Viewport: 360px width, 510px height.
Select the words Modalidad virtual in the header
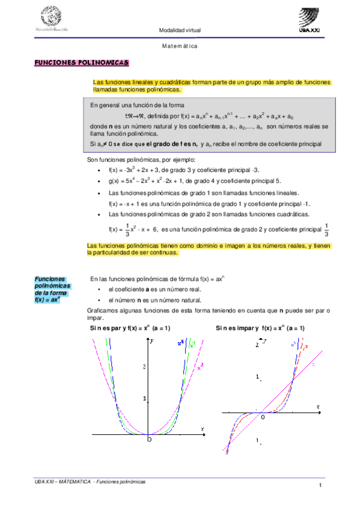pyautogui.click(x=180, y=30)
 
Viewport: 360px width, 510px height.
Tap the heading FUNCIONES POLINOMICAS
pyautogui.click(x=81, y=62)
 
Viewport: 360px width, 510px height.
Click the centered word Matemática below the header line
pyautogui.click(x=180, y=46)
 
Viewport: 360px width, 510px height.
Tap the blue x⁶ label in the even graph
pyautogui.click(x=180, y=343)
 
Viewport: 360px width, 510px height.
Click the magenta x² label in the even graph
pyautogui.click(x=201, y=365)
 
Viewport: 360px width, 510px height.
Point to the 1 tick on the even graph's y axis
pyautogui.click(x=145, y=399)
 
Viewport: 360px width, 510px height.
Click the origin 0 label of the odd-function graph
pyautogui.click(x=263, y=416)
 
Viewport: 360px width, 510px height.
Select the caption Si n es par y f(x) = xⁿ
pyautogui.click(x=130, y=328)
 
